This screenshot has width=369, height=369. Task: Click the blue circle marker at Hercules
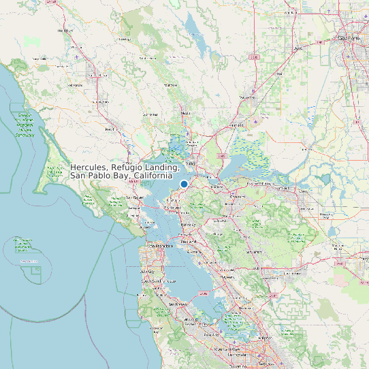(x=184, y=184)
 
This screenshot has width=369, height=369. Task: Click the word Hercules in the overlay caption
(x=90, y=167)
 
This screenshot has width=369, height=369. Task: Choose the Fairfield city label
(x=237, y=126)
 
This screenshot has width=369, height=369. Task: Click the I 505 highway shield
(x=253, y=57)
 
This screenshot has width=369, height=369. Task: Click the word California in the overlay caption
(x=153, y=176)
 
